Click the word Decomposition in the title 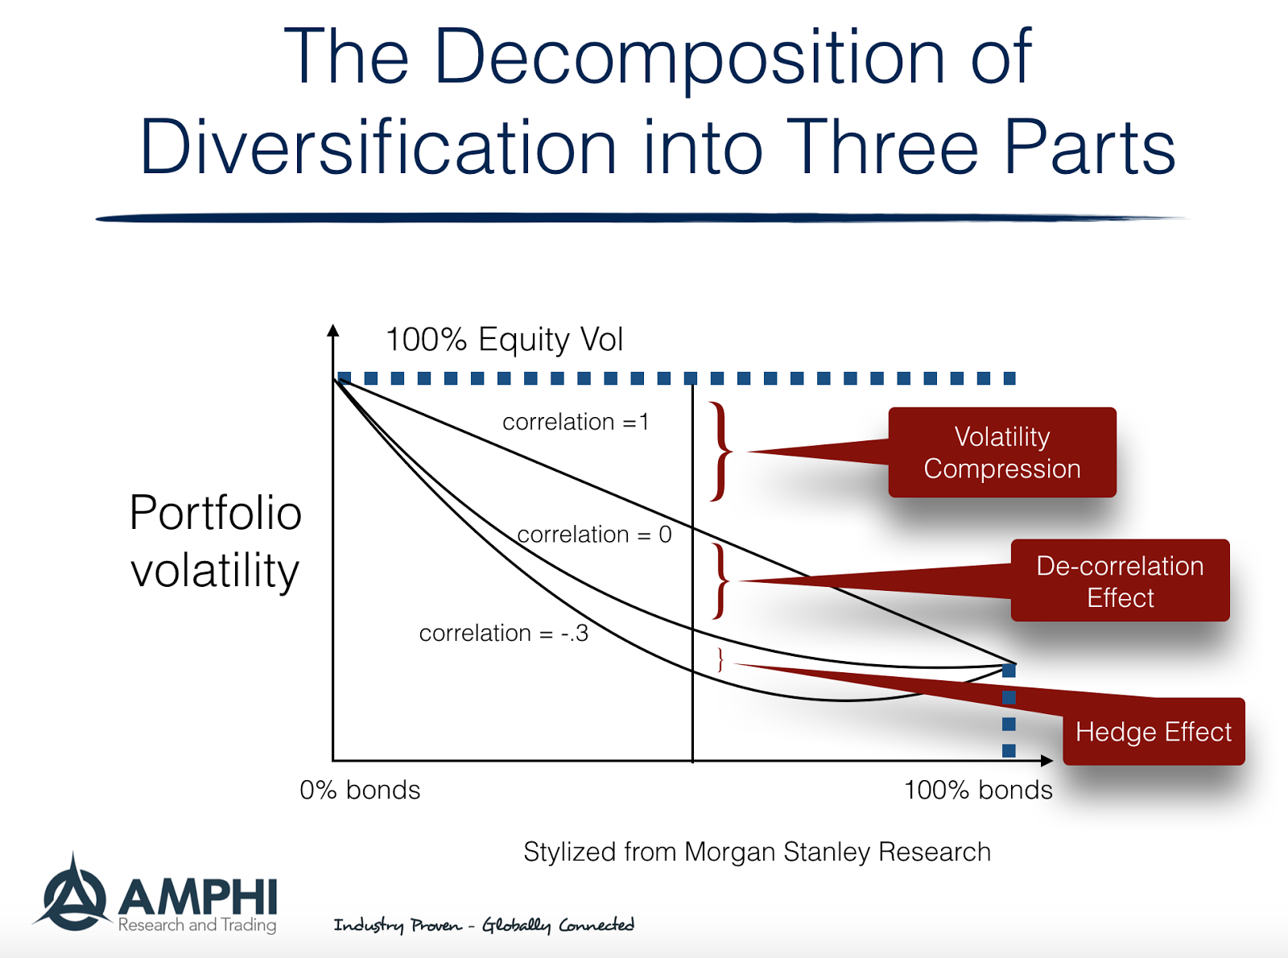pyautogui.click(x=689, y=58)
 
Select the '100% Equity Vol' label pyautogui.click(x=504, y=340)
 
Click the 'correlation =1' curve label pyautogui.click(x=576, y=422)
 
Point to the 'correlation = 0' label pyautogui.click(x=594, y=535)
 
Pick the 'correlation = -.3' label pyautogui.click(x=503, y=634)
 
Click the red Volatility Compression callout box pyautogui.click(x=1001, y=452)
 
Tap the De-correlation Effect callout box pyautogui.click(x=1120, y=581)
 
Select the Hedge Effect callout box pyautogui.click(x=1153, y=732)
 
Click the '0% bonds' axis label pyautogui.click(x=360, y=790)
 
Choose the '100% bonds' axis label pyautogui.click(x=978, y=790)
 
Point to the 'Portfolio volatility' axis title pyautogui.click(x=215, y=541)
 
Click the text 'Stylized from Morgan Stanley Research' pyautogui.click(x=757, y=852)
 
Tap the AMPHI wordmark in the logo pyautogui.click(x=198, y=897)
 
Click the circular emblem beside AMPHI pyautogui.click(x=72, y=895)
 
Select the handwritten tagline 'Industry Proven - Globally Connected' pyautogui.click(x=484, y=925)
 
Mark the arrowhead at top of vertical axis pyautogui.click(x=333, y=329)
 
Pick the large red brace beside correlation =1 pyautogui.click(x=721, y=452)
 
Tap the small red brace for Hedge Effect pyautogui.click(x=720, y=660)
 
